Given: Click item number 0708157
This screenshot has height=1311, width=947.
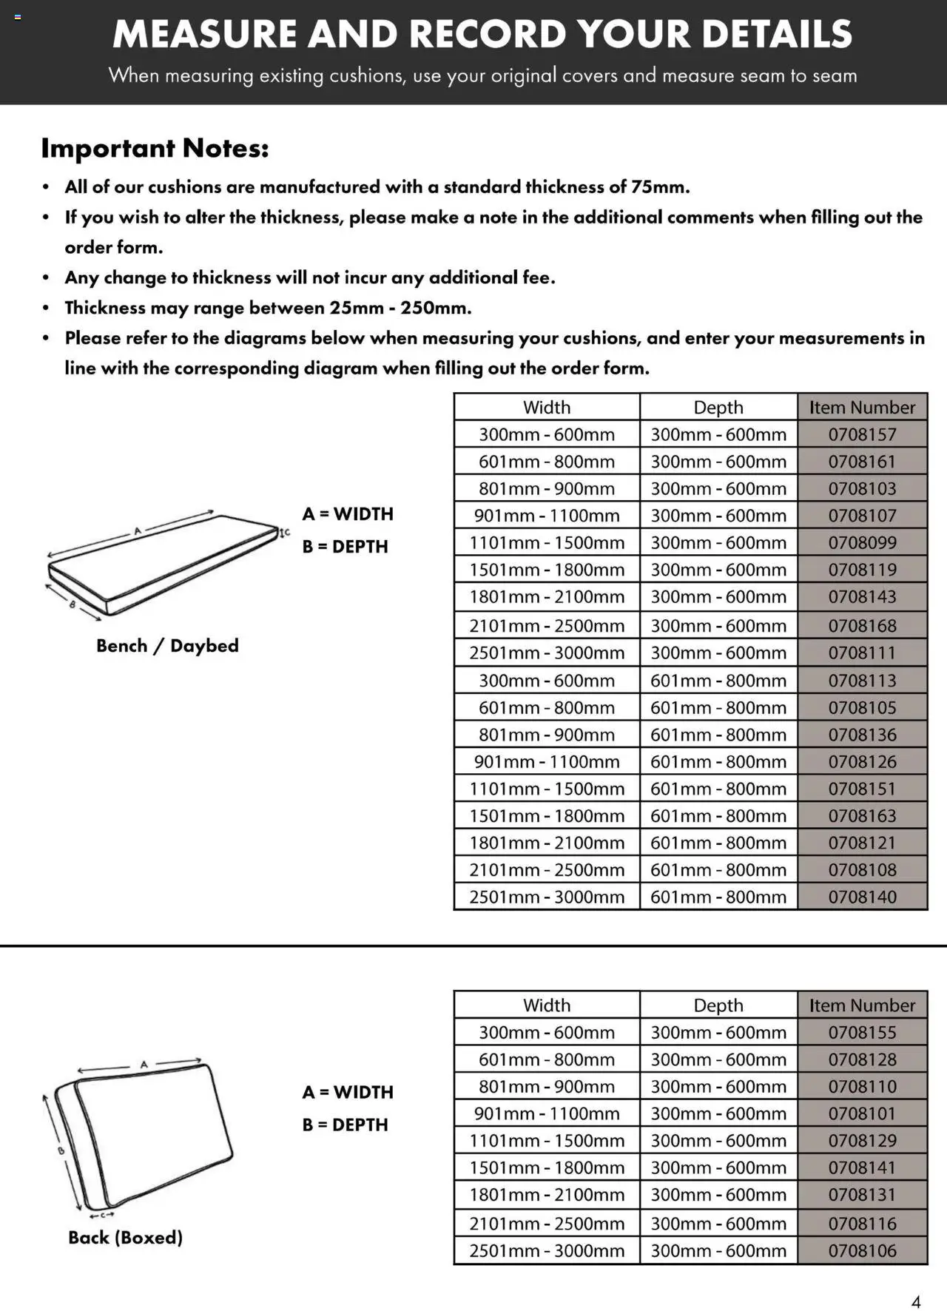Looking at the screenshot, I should [862, 434].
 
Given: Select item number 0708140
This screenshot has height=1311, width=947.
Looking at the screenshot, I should [862, 897].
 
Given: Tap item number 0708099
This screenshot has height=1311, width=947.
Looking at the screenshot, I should [862, 542].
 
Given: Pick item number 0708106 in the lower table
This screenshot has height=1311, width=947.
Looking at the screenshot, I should [862, 1250].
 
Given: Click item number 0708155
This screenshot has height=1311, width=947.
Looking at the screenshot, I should [862, 1032].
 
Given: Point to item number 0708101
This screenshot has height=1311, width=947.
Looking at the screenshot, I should [862, 1113].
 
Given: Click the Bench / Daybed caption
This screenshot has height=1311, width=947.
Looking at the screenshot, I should [167, 646].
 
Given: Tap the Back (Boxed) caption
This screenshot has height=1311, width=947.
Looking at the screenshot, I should [125, 1237].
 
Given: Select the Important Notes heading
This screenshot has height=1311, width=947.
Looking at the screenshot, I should [155, 148].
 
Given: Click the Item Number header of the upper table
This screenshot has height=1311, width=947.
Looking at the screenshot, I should [862, 407].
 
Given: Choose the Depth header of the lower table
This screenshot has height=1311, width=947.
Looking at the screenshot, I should [718, 1005].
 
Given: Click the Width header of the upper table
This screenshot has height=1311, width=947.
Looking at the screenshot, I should [546, 407].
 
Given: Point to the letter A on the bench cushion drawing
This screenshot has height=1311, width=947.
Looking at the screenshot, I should [137, 530].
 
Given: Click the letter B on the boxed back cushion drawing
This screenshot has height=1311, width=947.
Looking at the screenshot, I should [61, 1150].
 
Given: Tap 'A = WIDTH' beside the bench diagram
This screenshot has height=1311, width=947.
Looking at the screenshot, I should [348, 513].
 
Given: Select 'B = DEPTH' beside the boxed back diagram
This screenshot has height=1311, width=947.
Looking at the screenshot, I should [345, 1125].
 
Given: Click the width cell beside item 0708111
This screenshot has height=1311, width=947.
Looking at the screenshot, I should [546, 653].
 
